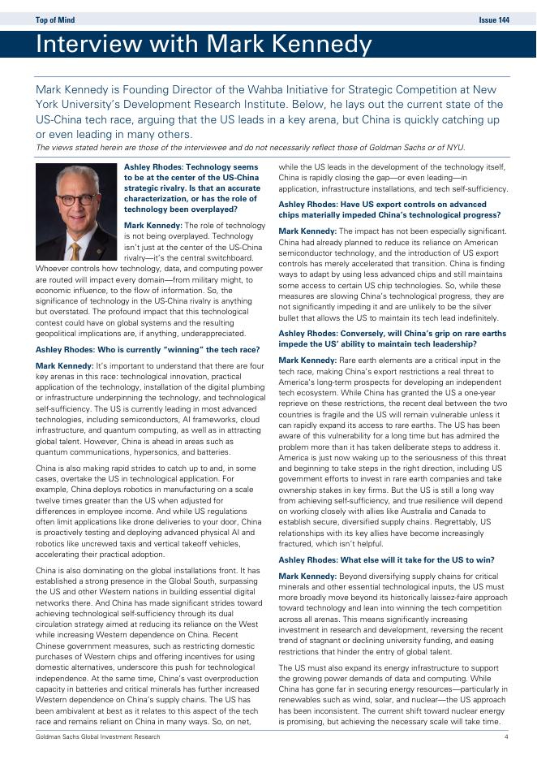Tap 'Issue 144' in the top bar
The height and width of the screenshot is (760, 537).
(x=494, y=19)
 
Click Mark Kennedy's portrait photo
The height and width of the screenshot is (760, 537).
(x=76, y=211)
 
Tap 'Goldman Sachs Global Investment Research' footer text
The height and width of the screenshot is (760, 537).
(x=98, y=736)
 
